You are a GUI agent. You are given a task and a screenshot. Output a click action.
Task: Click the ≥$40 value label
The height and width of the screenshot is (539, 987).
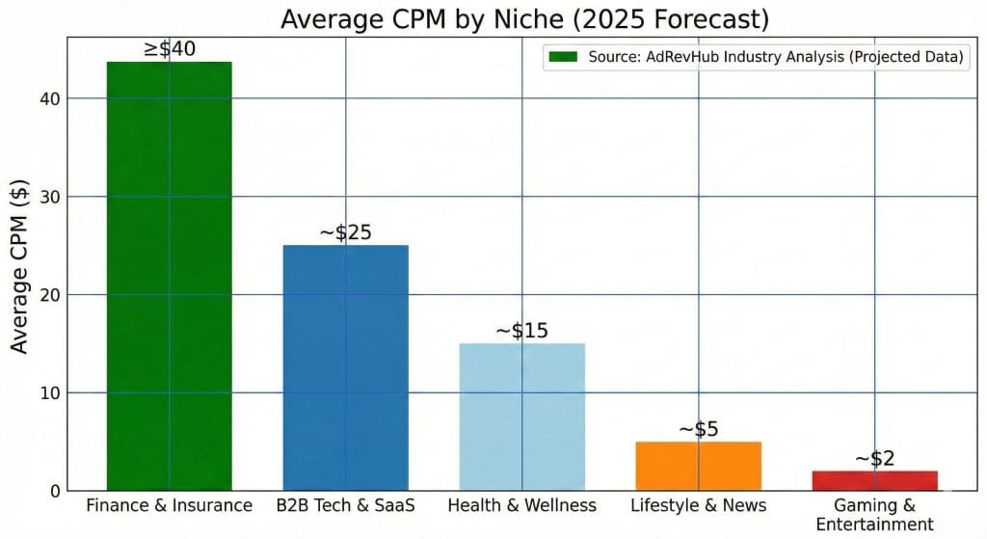[170, 48]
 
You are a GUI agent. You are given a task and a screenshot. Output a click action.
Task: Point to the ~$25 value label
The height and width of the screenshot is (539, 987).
[345, 232]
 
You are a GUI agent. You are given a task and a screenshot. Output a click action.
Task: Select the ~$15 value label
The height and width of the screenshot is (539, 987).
[521, 331]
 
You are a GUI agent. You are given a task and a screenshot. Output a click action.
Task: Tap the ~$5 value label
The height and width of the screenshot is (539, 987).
[699, 429]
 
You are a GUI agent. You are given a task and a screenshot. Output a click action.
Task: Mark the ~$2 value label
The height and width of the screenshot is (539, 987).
[874, 458]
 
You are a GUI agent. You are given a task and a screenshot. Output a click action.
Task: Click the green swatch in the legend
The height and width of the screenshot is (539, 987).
[562, 57]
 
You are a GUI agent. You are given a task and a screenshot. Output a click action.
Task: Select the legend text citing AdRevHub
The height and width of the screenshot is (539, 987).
[776, 57]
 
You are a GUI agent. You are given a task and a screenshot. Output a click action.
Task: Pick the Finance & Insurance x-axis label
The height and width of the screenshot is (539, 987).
[169, 505]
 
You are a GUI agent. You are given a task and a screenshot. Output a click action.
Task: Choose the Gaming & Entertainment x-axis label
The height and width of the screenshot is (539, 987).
[874, 514]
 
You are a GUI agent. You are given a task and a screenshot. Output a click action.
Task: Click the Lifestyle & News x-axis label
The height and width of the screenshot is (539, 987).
[698, 505]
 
